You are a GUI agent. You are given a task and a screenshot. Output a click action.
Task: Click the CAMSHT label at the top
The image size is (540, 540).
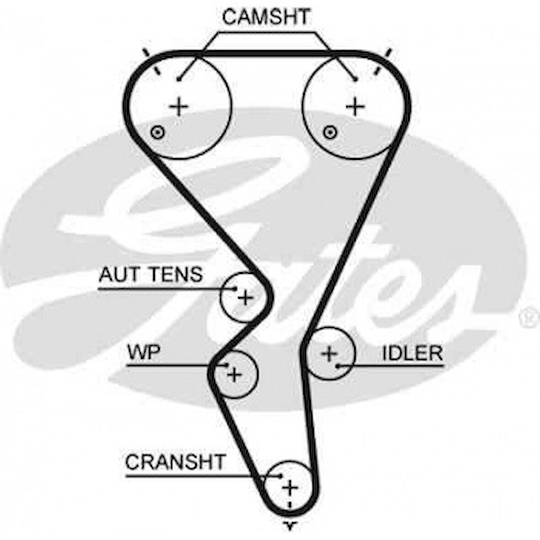point(266,17)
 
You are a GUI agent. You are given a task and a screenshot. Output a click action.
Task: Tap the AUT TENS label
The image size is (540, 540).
point(151,275)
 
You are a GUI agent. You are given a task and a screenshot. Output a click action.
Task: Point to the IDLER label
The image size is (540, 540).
point(412,353)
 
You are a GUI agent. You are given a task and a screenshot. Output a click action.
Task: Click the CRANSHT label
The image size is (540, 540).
point(176,462)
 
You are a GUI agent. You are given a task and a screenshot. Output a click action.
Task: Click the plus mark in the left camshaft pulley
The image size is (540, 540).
point(179,107)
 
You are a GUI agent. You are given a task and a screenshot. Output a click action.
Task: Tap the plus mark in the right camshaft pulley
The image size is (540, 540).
point(355,107)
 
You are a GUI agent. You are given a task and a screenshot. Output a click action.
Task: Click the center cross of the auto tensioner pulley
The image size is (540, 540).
point(245,298)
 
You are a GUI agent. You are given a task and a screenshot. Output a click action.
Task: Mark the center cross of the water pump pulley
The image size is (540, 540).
point(234,375)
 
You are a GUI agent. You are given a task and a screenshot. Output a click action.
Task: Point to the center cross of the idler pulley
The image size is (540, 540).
point(329,353)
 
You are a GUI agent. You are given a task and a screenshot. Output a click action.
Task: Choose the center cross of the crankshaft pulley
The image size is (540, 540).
point(290,488)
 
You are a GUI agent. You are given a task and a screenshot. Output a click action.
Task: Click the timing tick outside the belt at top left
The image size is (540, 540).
point(146,52)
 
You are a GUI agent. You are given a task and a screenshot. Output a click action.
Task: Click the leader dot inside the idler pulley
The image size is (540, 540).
point(338,366)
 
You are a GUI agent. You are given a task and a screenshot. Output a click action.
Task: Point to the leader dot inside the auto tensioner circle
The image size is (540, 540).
point(235,289)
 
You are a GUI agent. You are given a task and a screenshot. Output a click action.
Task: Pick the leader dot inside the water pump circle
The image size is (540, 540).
point(227,365)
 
